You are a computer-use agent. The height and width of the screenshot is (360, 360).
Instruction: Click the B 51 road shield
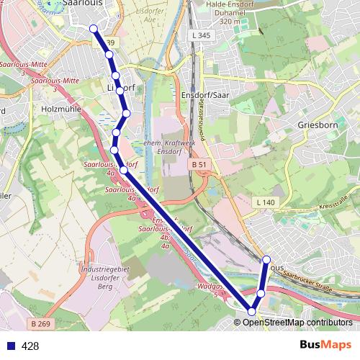coord(201,165)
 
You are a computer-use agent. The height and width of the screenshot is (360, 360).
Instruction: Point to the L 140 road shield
coord(266,203)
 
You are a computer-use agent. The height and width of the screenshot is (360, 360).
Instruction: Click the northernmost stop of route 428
coord(93,29)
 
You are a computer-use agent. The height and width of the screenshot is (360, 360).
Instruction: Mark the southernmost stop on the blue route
coord(252,311)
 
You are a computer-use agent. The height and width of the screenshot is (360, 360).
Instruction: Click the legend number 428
coord(30,346)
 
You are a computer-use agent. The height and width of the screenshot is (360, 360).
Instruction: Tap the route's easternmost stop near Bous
coord(266,259)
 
